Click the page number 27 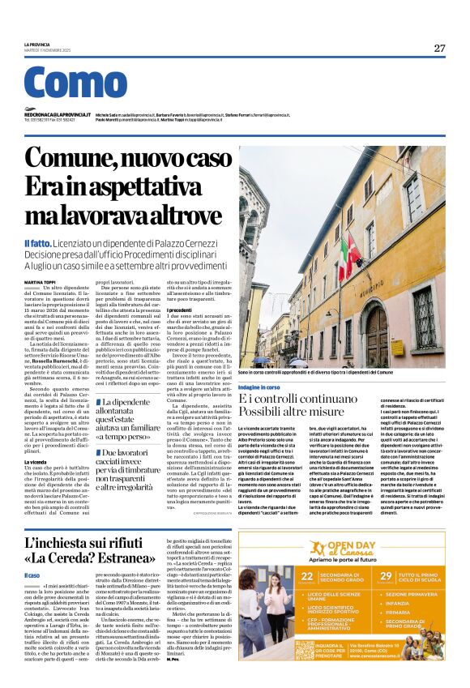click(x=438, y=48)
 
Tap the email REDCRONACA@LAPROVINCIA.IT click(x=57, y=115)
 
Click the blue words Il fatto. click(x=39, y=243)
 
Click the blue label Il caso click(x=32, y=575)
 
